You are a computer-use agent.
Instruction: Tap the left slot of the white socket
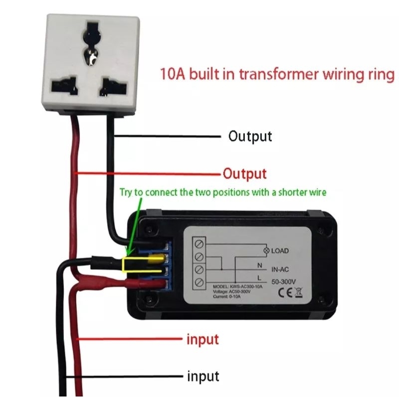coord(64,86)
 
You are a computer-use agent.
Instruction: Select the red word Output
coord(245,174)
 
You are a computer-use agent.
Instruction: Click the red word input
coord(202,340)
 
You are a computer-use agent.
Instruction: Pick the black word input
coord(203,377)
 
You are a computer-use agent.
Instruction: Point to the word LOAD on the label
coord(280,251)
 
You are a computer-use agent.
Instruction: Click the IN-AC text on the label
coord(280,269)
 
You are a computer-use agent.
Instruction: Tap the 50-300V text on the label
coord(283,282)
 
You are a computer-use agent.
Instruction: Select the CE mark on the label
coord(285,293)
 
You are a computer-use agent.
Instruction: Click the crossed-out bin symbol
coord(299,293)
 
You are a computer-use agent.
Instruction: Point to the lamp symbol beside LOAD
coord(266,251)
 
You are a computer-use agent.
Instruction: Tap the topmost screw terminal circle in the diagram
coord(199,244)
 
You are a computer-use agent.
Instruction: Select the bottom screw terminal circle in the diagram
coord(199,282)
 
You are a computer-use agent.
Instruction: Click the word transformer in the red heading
coord(279,74)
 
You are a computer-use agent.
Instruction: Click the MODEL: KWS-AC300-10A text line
coord(238,287)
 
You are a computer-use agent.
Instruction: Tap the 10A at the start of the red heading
coord(173,74)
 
